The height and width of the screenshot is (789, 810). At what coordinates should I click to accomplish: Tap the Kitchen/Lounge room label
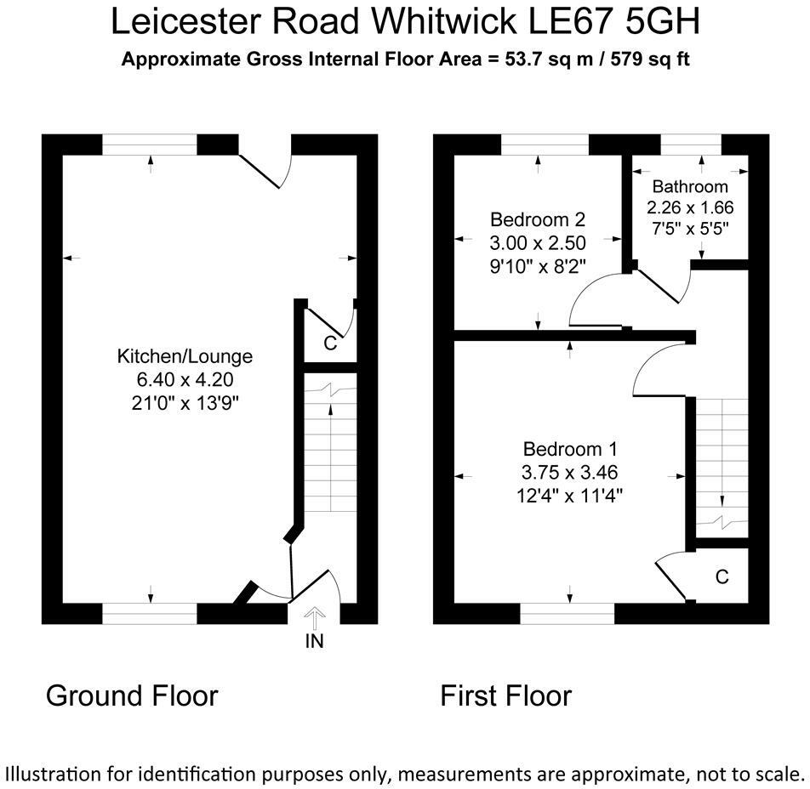(x=185, y=357)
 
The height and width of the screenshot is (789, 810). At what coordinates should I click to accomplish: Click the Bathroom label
(x=690, y=187)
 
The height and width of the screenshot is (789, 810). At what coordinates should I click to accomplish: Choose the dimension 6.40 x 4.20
(x=185, y=379)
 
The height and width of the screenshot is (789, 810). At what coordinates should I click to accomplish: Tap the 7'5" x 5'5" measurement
(x=690, y=228)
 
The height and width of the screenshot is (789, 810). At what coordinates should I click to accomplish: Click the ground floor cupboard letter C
(x=330, y=344)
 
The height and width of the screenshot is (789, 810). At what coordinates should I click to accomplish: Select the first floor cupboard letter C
(x=722, y=577)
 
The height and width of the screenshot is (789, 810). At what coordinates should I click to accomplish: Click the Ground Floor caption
(x=132, y=695)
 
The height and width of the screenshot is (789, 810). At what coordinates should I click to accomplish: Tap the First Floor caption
(x=505, y=696)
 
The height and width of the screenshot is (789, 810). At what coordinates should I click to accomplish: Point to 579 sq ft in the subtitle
(x=654, y=60)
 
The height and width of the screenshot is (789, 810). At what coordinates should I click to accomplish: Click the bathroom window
(x=690, y=146)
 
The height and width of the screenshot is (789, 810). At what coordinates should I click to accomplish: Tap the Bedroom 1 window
(x=568, y=613)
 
